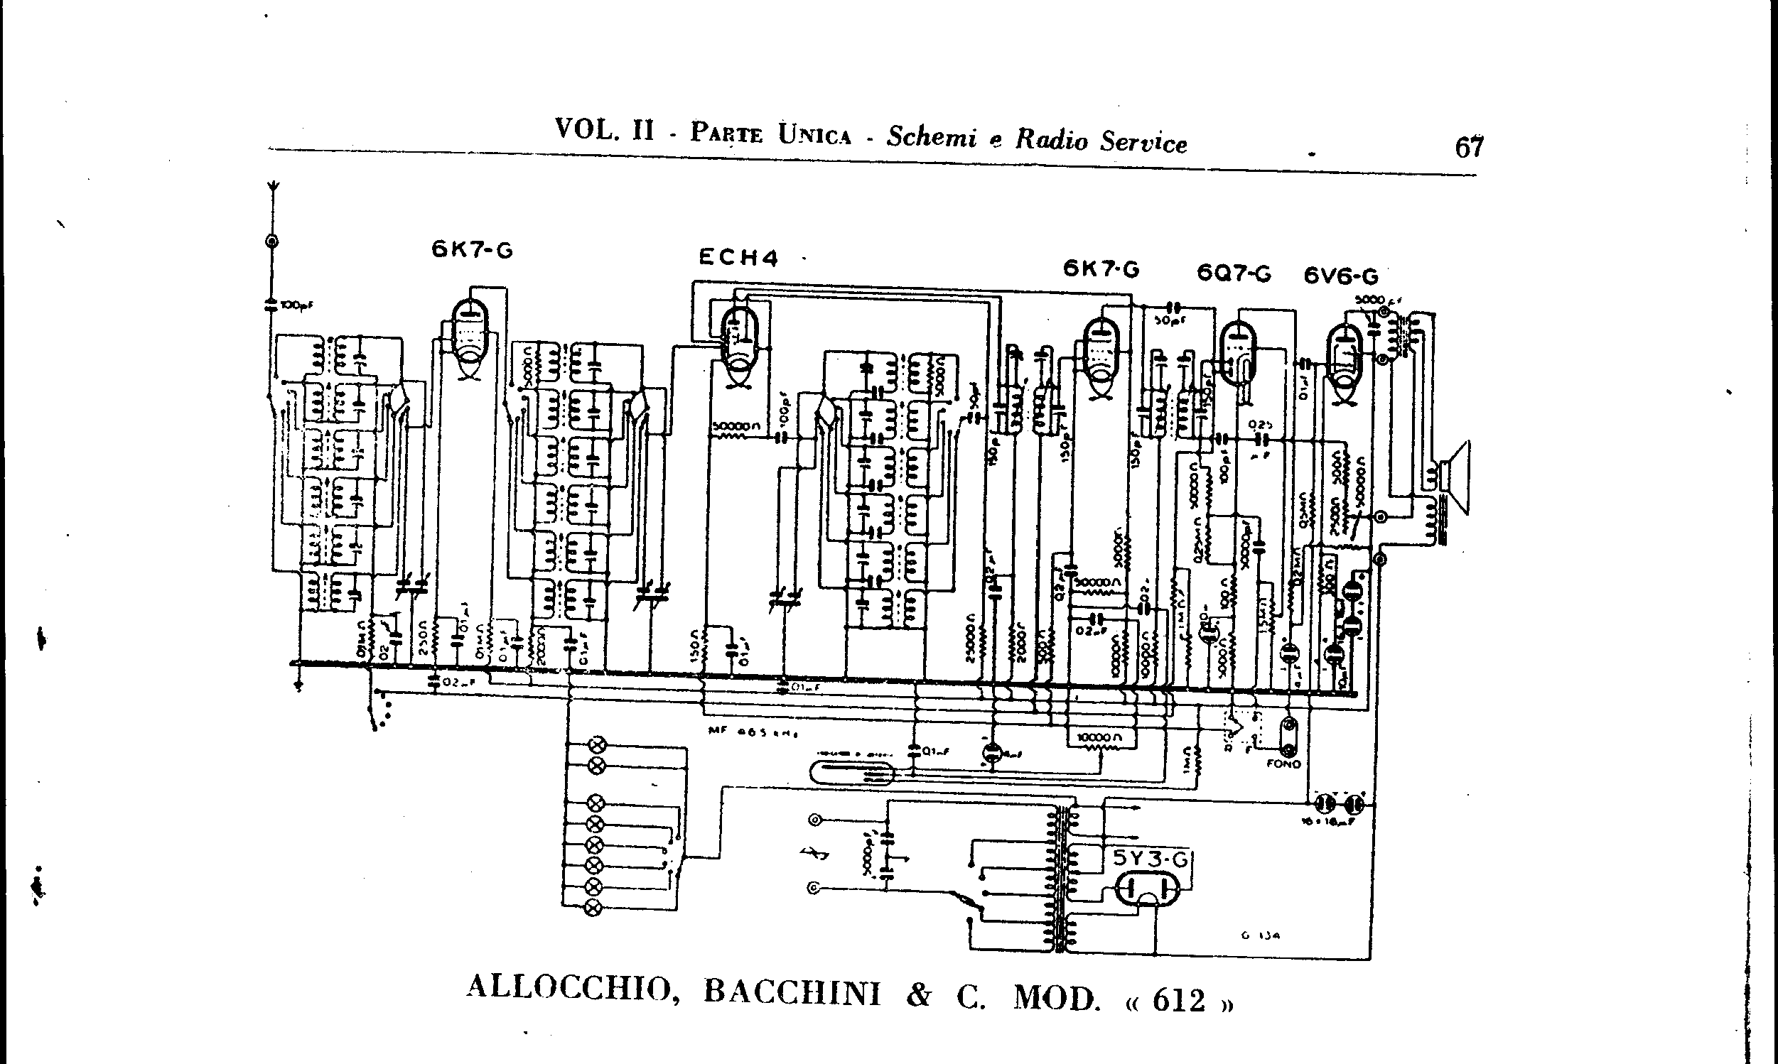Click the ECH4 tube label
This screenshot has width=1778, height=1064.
[738, 257]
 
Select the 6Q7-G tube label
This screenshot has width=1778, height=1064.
[1234, 273]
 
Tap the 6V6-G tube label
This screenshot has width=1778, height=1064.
[1340, 276]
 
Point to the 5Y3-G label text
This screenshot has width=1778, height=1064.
[1151, 858]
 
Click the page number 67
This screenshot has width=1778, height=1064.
[1469, 147]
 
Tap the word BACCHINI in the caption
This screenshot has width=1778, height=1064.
[792, 993]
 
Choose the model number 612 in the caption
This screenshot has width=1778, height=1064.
[1178, 1000]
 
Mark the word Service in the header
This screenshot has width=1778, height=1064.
[1143, 141]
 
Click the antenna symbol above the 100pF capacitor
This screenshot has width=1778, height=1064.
[274, 191]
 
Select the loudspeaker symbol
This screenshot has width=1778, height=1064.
[1454, 476]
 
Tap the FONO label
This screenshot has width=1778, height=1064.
[1284, 764]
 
